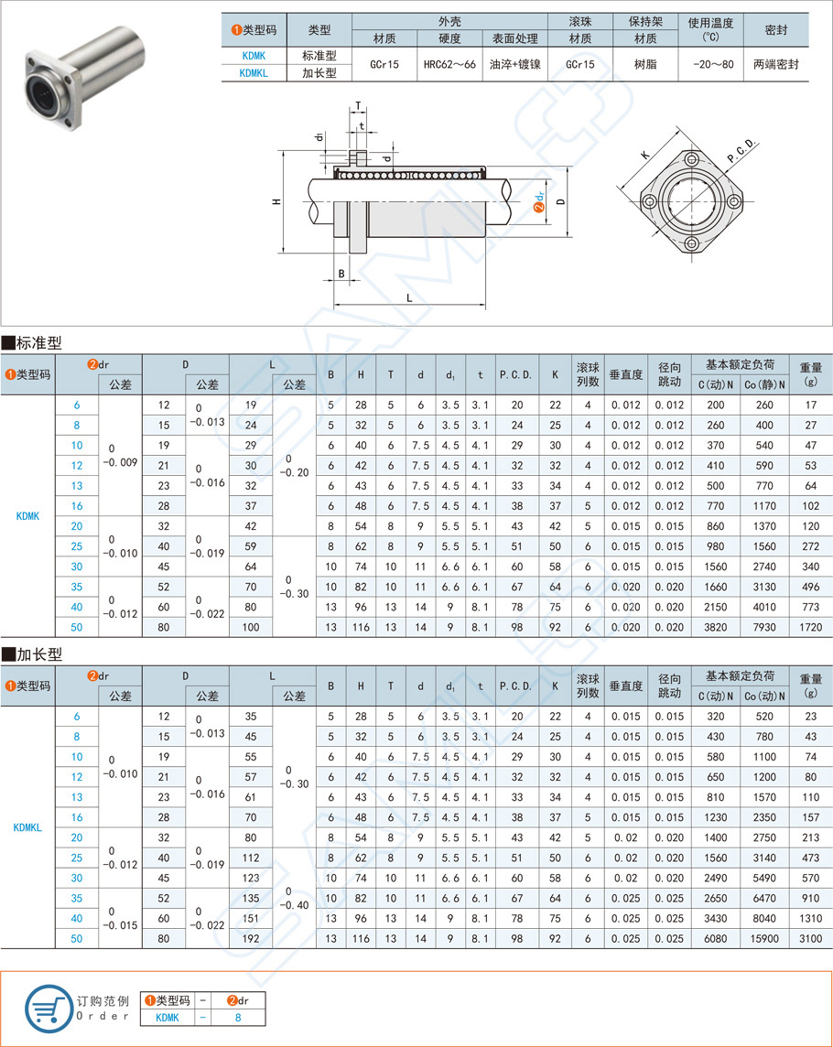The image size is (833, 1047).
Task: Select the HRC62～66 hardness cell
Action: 449,64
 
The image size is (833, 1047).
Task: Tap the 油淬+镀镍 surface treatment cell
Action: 514,64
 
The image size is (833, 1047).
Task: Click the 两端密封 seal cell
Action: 775,64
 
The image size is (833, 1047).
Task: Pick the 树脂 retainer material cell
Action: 645,64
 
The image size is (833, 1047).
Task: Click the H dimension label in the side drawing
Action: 276,201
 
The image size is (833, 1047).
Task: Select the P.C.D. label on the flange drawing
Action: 741,153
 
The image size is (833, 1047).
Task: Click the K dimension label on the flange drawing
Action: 645,156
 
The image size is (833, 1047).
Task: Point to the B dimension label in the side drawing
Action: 341,273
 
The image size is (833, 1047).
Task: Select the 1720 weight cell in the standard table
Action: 810,627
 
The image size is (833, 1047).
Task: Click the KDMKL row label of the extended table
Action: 27,827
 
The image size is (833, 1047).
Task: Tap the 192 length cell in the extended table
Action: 251,938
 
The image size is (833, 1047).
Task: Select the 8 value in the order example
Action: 238,1017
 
